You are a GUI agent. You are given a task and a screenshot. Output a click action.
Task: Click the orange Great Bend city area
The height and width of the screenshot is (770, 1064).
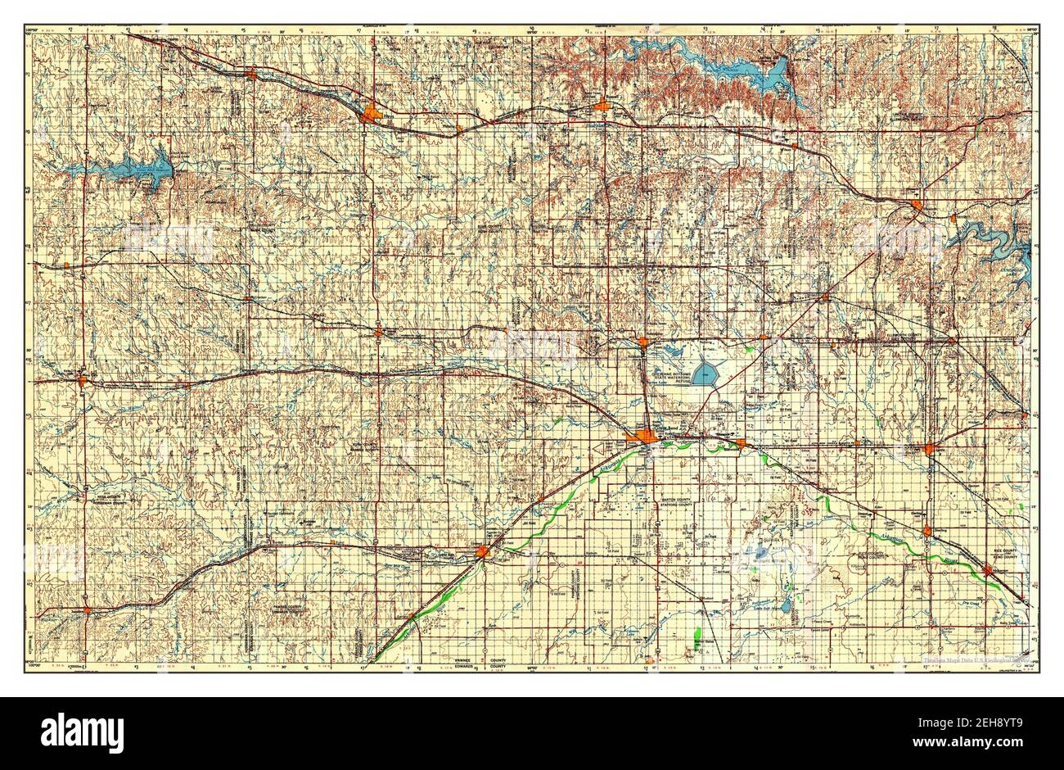coord(650,437)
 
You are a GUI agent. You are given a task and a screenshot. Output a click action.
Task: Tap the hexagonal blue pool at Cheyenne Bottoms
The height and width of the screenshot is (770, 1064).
coord(705,375)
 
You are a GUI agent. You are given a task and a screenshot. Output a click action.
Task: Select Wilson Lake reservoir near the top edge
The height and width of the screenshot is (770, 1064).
coord(769,77)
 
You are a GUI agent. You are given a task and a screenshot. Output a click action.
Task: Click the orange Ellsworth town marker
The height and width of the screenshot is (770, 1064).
coord(916,204)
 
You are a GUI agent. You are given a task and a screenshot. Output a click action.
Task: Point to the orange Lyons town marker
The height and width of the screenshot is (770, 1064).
coord(931,448)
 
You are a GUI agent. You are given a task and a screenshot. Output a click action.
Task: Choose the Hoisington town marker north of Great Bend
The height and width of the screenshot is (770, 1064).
coord(644,342)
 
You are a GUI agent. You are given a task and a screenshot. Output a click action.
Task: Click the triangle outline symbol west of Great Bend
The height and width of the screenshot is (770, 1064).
coord(606,447)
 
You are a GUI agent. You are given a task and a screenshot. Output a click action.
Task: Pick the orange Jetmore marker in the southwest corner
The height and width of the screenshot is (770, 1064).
coord(88,609)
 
